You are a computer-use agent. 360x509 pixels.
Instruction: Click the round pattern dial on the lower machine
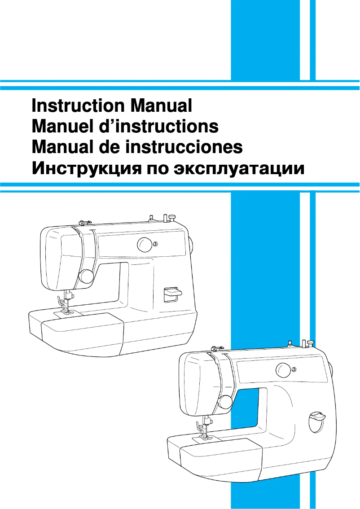coord(283,370)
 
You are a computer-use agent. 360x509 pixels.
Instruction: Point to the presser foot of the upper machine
coord(64,310)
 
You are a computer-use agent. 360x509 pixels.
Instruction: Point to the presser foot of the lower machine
coord(202,436)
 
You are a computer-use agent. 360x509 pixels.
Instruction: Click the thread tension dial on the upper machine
coord(86,276)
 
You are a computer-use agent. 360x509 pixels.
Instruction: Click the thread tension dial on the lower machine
coord(225,401)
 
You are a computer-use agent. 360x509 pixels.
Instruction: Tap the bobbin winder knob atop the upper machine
coord(171,218)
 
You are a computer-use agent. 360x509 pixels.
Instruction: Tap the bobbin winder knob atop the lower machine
coord(309,343)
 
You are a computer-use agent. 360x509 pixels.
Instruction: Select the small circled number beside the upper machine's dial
coord(155,244)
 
